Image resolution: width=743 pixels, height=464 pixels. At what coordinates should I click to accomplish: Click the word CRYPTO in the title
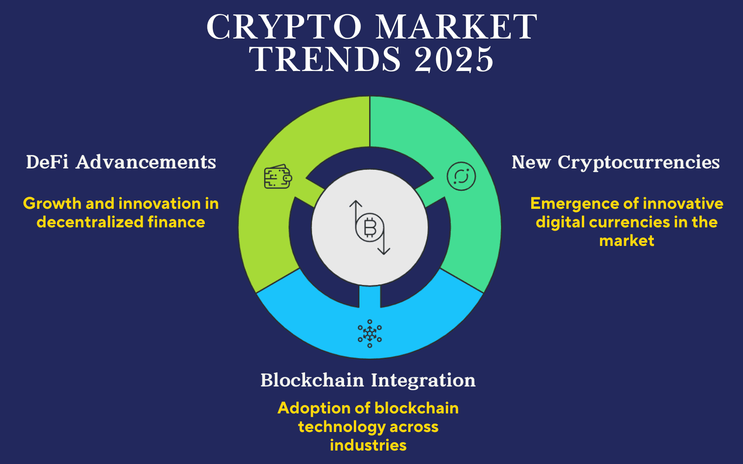pos(284,26)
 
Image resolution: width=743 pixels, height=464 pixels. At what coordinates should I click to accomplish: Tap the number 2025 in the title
pos(454,59)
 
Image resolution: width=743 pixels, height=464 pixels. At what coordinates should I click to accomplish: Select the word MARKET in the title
pos(456,26)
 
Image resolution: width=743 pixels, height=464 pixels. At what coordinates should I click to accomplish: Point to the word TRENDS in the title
pos(325,59)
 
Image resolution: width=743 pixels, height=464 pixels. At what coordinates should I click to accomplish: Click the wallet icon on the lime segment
pos(278,177)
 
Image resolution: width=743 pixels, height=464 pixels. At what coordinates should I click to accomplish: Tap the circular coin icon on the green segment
pos(461,176)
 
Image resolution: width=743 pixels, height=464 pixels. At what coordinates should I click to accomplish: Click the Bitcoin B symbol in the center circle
pos(370,228)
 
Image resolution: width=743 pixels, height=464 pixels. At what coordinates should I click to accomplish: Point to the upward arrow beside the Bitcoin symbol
pos(356,211)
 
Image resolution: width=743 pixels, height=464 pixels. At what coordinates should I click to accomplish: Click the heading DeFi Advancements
pos(121,162)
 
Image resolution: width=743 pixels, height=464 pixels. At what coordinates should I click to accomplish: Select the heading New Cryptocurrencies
pos(616,162)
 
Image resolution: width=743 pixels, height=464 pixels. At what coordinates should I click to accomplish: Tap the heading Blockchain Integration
pos(368,380)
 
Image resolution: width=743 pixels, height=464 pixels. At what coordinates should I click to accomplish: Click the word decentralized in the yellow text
pos(90,222)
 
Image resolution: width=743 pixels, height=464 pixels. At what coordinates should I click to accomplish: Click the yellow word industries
pos(368,445)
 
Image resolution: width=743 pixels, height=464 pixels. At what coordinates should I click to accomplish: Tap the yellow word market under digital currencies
pos(626,240)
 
